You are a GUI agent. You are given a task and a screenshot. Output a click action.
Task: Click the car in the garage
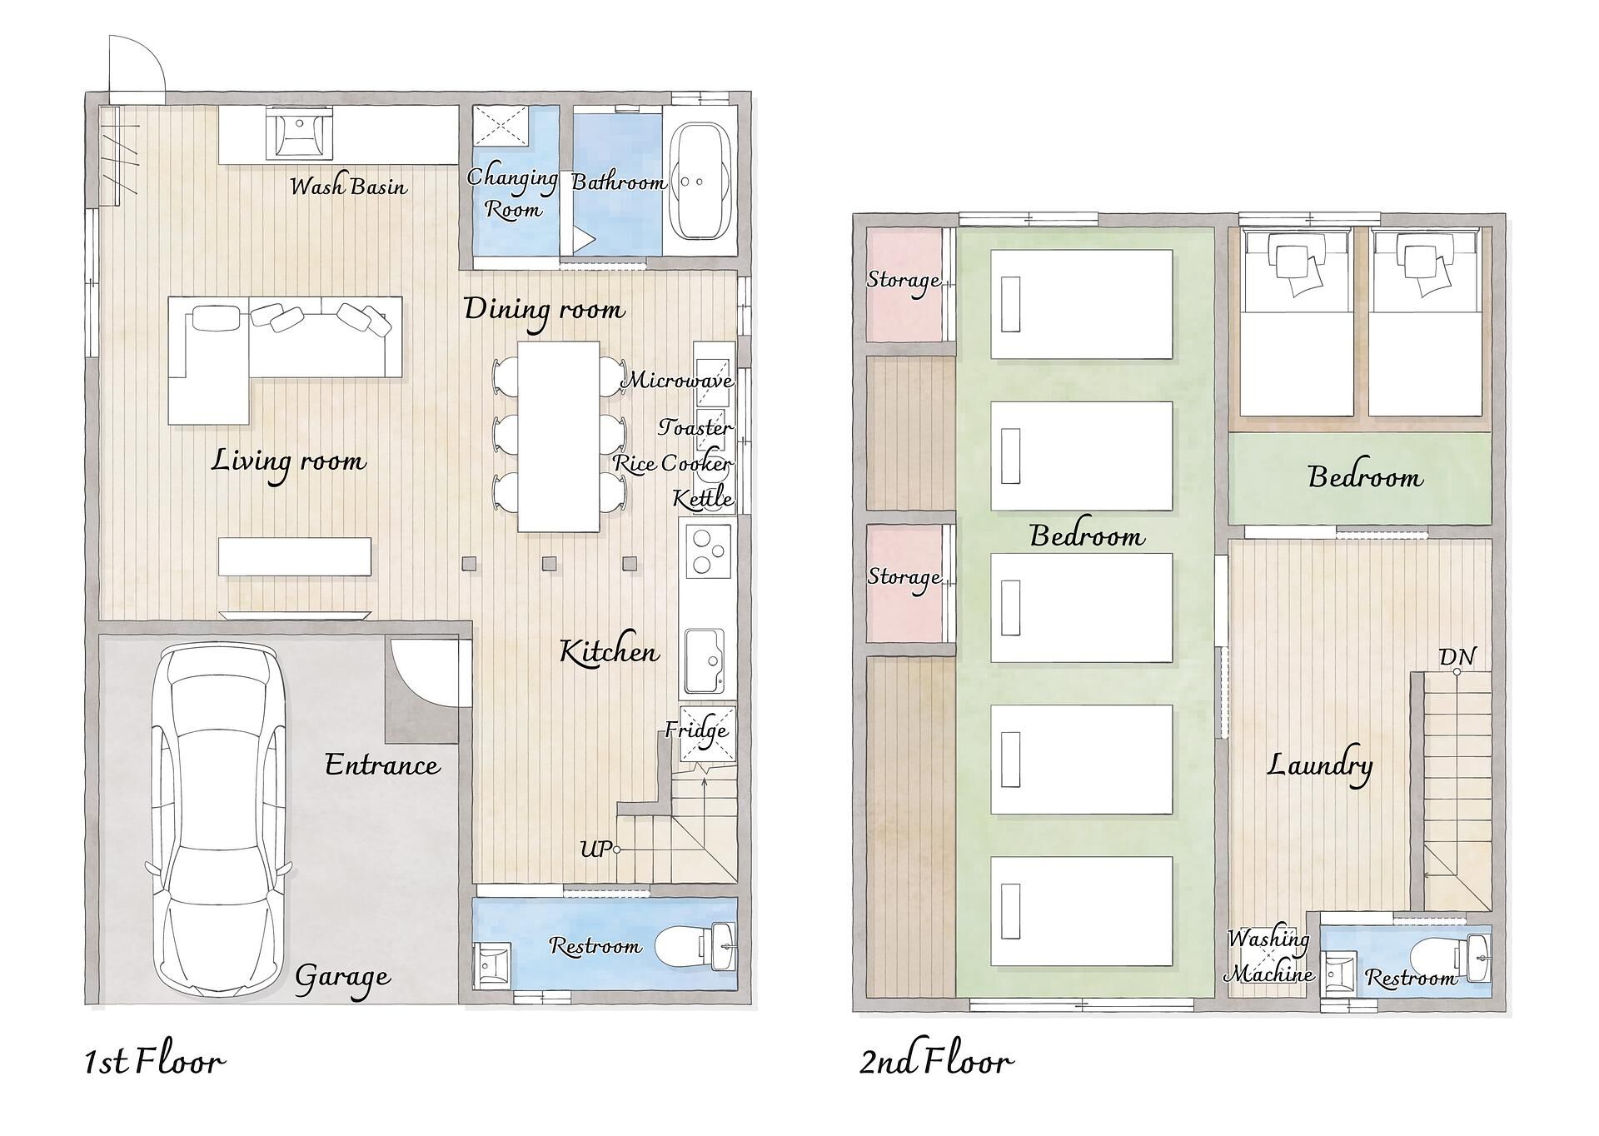tap(218, 820)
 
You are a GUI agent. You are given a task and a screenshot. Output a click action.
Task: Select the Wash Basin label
tap(348, 185)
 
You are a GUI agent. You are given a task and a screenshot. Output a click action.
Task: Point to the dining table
tap(559, 436)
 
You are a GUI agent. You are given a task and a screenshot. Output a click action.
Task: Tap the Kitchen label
tap(610, 651)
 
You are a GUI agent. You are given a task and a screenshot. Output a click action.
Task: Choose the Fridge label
tap(696, 730)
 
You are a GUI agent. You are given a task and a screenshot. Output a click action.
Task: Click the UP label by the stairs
tap(595, 850)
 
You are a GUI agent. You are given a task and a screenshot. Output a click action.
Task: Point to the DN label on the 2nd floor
tap(1457, 657)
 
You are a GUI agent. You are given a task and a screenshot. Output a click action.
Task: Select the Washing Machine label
tap(1270, 956)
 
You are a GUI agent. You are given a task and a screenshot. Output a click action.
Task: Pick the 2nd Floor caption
tap(937, 1061)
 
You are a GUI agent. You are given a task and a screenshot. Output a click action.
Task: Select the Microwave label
tap(679, 381)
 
